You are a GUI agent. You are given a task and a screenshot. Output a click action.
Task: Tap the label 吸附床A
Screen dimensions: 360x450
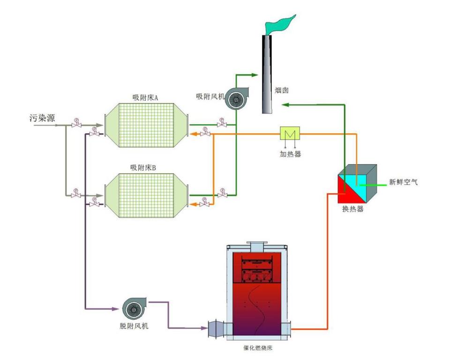click(145, 98)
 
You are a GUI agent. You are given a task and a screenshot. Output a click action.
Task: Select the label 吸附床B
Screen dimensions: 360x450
click(145, 167)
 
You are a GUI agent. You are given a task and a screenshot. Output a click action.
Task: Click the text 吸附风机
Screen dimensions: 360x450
click(210, 97)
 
